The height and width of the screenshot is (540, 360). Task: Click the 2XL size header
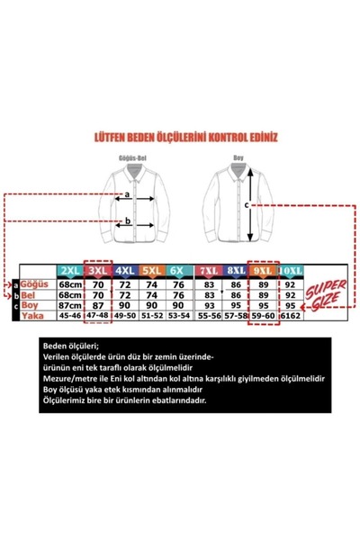point(68,269)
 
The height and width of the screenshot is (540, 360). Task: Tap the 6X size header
point(177,269)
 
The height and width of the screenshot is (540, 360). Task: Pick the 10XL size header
point(291,269)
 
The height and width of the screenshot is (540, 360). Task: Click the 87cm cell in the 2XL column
point(68,305)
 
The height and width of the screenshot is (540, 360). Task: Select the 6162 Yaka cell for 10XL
point(291,316)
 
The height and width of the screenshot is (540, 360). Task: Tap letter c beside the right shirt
point(249,203)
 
